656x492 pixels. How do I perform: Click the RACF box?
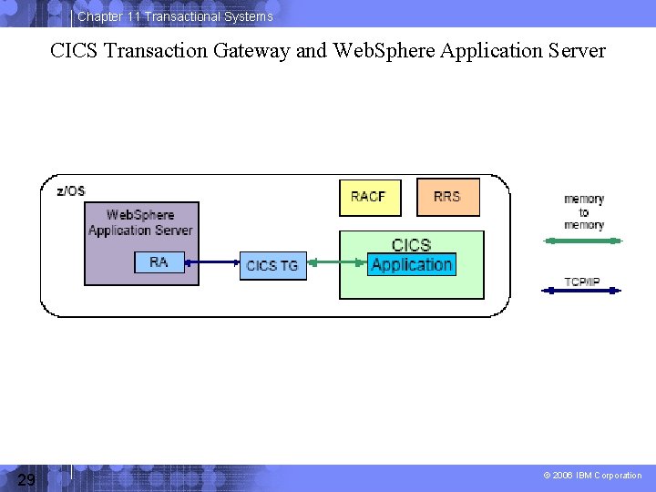click(x=369, y=197)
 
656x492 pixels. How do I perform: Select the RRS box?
click(x=447, y=197)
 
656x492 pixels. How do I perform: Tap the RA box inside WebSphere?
click(x=159, y=262)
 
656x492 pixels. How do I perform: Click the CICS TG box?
click(x=272, y=265)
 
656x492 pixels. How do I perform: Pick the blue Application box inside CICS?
click(x=412, y=265)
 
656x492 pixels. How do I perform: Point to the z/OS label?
click(x=71, y=190)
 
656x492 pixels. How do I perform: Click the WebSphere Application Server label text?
click(x=140, y=222)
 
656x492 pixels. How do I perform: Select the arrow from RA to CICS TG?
click(x=210, y=263)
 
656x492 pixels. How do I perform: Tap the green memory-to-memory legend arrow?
click(x=582, y=241)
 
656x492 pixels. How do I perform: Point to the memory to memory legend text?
click(x=583, y=212)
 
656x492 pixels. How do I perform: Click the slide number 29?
click(x=26, y=479)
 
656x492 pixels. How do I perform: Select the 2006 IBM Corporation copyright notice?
click(x=592, y=476)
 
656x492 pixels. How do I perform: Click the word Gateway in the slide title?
click(x=252, y=51)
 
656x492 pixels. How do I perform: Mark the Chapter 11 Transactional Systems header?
click(x=175, y=16)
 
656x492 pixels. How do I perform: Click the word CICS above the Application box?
click(x=411, y=245)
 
